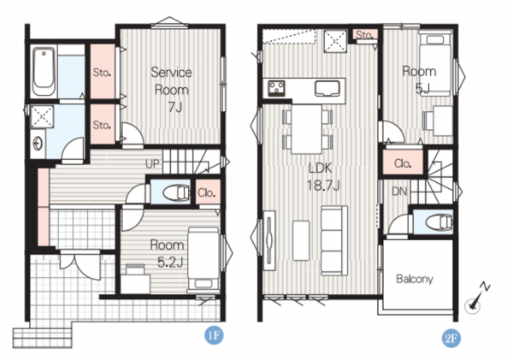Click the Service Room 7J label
(172, 89)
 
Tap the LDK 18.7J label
(323, 177)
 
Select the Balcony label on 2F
(415, 279)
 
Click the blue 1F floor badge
(215, 335)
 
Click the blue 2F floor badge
(451, 338)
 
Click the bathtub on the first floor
(44, 72)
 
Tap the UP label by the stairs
(152, 163)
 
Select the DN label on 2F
(399, 192)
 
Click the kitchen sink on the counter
(327, 89)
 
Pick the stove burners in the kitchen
(276, 88)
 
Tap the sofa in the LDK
(334, 240)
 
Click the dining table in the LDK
(307, 129)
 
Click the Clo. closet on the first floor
(207, 192)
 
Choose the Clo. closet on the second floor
(403, 163)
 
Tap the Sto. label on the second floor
(364, 34)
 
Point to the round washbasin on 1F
(38, 144)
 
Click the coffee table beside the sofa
(301, 240)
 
